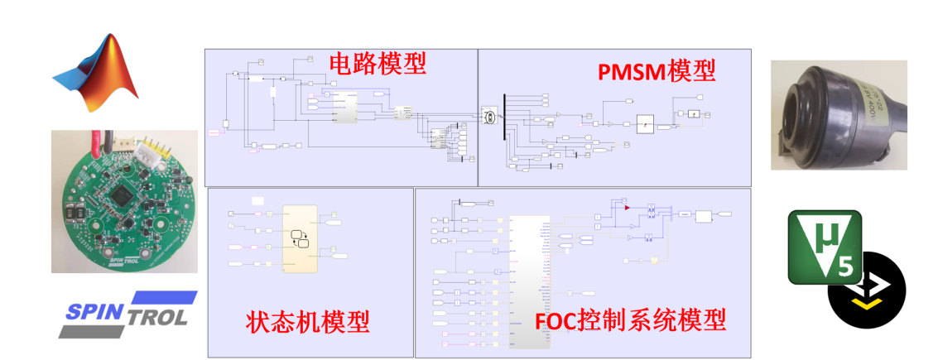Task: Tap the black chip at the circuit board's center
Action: pyautogui.click(x=123, y=195)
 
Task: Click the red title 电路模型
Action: pyautogui.click(x=378, y=64)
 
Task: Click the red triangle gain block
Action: pyautogui.click(x=628, y=207)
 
